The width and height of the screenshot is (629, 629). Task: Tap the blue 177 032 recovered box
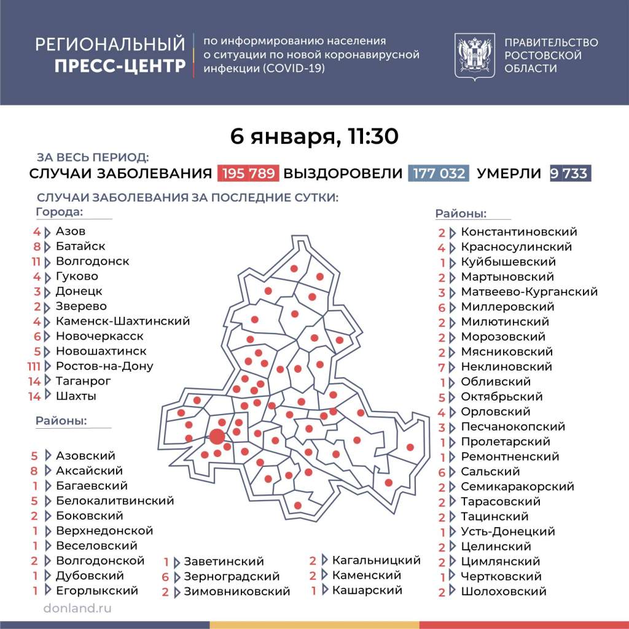tap(439, 173)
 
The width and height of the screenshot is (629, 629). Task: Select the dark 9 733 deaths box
tap(569, 173)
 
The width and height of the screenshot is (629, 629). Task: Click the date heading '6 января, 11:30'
tap(314, 136)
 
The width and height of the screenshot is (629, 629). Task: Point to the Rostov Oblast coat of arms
tap(475, 55)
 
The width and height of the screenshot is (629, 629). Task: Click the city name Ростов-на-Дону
tap(104, 366)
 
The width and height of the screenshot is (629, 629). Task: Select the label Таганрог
tap(83, 381)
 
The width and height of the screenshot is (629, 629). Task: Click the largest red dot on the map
tap(217, 437)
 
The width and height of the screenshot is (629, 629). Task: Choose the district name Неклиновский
tap(506, 367)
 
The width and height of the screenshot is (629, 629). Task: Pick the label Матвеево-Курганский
tap(529, 292)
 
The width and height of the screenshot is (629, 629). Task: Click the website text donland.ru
tap(77, 608)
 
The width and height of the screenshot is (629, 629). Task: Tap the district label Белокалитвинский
tap(114, 501)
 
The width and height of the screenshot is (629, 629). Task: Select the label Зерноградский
tap(232, 577)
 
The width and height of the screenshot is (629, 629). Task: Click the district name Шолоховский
tap(503, 592)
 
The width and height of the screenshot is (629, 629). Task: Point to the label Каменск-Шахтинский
tap(122, 321)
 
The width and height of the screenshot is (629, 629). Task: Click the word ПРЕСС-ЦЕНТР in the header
tap(120, 66)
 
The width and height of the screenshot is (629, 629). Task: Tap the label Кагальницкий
tap(376, 560)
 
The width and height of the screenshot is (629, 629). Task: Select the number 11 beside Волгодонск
tap(35, 261)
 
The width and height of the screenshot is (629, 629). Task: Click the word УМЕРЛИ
tap(509, 173)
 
